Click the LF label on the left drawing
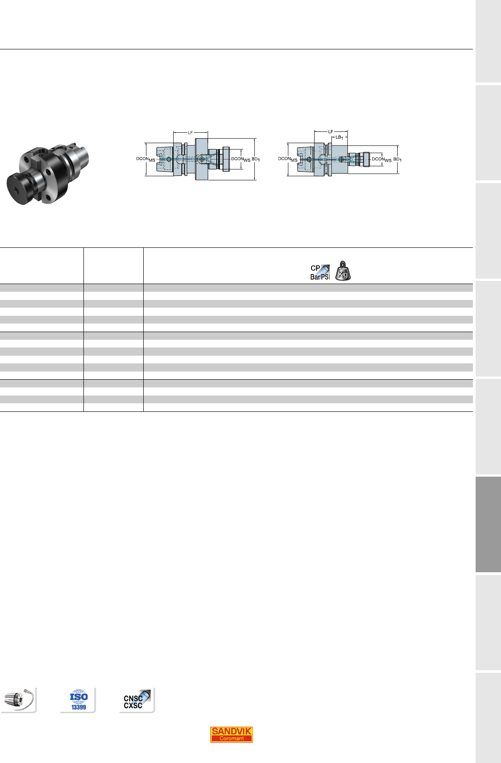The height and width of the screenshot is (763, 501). [x=190, y=132]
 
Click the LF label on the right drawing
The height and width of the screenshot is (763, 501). [x=331, y=131]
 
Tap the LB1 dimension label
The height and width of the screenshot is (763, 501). [x=339, y=137]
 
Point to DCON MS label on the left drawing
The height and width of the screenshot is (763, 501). [x=146, y=159]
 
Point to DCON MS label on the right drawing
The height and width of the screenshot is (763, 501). [x=287, y=159]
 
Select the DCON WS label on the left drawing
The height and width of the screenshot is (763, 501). [x=241, y=159]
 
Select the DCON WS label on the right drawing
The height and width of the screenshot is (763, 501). [x=382, y=159]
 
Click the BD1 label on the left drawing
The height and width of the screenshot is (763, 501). [x=256, y=159]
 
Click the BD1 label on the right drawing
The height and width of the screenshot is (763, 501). [x=397, y=159]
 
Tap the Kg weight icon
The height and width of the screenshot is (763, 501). [x=343, y=271]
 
